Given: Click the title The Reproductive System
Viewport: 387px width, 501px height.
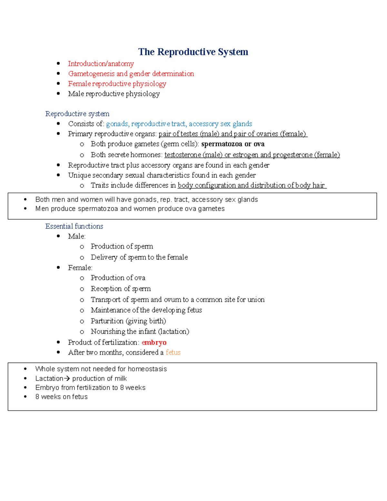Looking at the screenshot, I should point(193,52).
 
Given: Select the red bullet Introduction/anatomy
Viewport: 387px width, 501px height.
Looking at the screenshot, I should point(101,64).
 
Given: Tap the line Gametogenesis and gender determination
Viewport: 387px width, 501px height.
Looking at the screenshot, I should point(131,74).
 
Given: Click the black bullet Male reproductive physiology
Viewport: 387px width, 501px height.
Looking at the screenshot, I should point(114,94).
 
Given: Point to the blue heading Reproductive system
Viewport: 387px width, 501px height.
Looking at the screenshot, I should point(77,114).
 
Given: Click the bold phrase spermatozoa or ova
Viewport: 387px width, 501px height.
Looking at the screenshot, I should point(233,144).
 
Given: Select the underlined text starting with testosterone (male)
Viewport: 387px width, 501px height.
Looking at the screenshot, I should point(252,155).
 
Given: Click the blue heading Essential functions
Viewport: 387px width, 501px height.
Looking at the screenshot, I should point(74,226).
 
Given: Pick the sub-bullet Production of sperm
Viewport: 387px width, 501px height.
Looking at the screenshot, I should point(122,246).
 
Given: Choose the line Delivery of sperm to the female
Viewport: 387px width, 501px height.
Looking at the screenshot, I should point(139,257).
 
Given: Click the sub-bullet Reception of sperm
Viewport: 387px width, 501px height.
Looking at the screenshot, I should point(121,289).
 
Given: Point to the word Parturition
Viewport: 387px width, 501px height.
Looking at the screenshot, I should point(107,321).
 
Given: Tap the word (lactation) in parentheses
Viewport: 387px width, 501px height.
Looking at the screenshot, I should point(174,332).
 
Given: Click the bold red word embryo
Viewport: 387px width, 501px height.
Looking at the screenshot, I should point(154,343).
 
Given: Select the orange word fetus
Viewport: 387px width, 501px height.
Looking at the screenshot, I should point(173,353).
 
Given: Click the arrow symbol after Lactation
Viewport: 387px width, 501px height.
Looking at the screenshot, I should point(67,378).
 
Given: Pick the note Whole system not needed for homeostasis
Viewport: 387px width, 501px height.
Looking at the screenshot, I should point(101,369).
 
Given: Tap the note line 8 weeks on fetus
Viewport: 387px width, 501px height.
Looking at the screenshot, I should point(61,397).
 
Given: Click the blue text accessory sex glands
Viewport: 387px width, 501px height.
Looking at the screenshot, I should point(220,124).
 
